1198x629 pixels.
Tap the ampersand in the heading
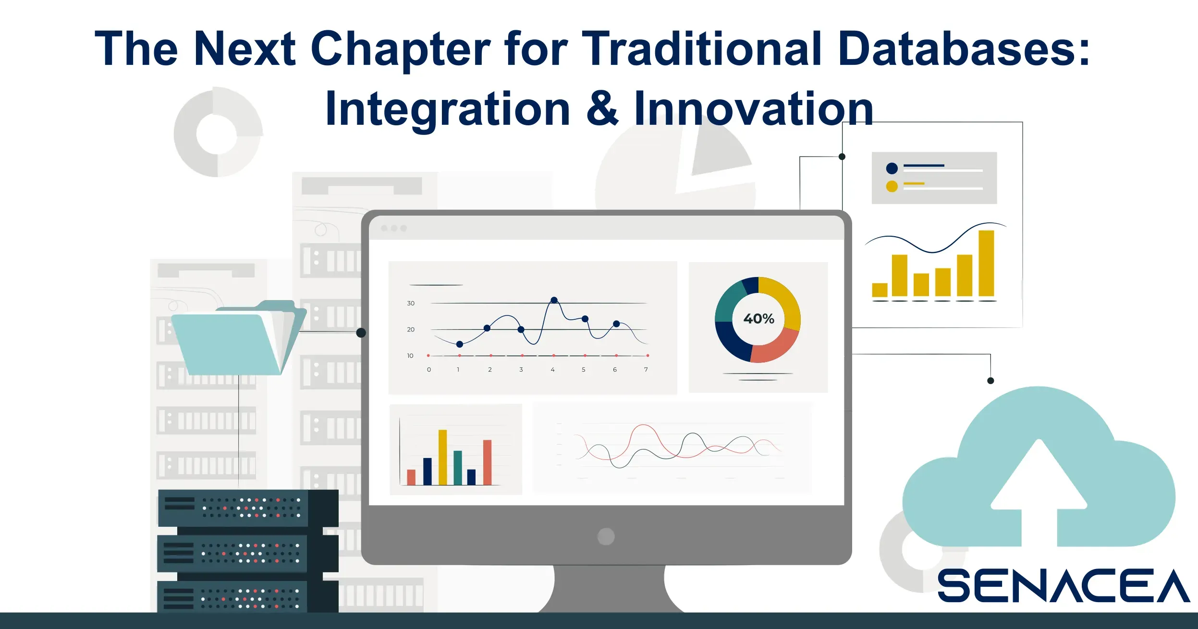(602, 108)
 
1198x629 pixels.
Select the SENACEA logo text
(1064, 585)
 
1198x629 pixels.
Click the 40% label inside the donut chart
(758, 319)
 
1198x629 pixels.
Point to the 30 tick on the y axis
(411, 303)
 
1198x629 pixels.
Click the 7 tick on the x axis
(646, 370)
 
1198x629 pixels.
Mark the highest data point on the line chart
(554, 300)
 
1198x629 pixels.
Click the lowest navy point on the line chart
(460, 344)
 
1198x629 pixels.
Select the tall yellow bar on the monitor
(442, 457)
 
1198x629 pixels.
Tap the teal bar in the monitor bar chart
(458, 468)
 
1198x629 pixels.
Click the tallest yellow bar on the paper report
(986, 263)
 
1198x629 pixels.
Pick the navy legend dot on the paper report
(892, 169)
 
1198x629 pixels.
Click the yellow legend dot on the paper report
(892, 186)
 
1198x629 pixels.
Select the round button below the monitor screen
(606, 536)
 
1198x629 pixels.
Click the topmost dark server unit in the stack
(248, 508)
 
